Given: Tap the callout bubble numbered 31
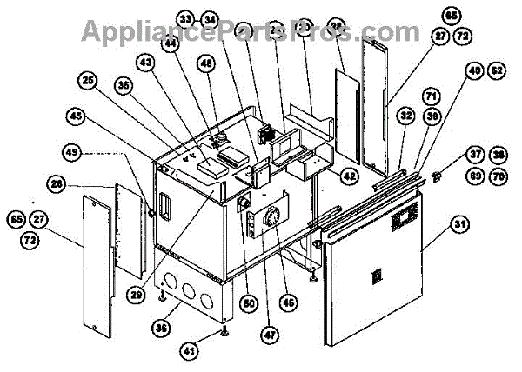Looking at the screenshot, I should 458,224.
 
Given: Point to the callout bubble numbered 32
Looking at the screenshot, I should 406,113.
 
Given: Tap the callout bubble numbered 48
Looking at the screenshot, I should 205,63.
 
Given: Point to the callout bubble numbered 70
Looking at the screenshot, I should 496,176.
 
